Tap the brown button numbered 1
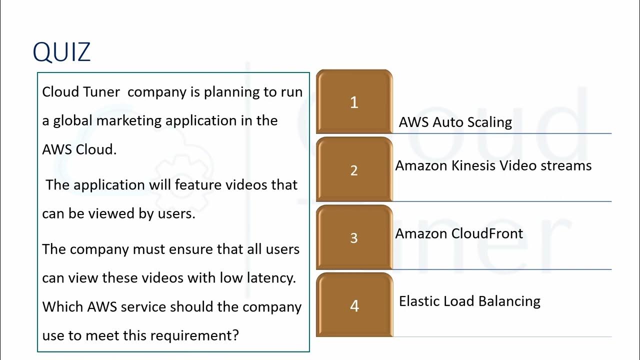tap(354, 102)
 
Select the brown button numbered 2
tap(354, 170)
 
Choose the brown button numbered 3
tap(354, 237)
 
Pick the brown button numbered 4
tap(354, 305)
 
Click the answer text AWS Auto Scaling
tap(455, 122)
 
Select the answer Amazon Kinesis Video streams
tap(493, 165)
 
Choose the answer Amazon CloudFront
tap(459, 233)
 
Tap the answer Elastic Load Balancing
tap(469, 301)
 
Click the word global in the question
tap(73, 121)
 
